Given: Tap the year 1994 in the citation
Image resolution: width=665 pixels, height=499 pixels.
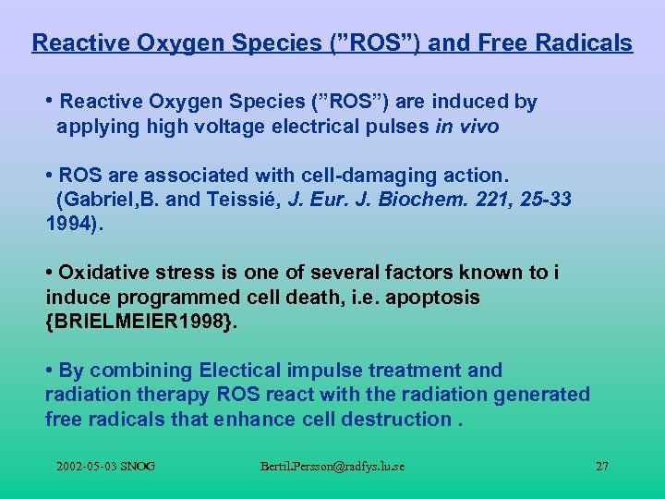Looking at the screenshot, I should coord(66,223).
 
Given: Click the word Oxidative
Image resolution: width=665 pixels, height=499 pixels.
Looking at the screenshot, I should coord(101,272).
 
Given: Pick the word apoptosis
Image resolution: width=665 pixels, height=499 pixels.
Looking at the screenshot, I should coord(437,297).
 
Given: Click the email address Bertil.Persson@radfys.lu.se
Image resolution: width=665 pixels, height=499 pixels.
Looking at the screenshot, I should coord(332,466).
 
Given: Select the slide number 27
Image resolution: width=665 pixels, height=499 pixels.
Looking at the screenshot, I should coord(601,466).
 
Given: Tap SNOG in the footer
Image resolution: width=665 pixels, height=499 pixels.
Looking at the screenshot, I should coord(141,466).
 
